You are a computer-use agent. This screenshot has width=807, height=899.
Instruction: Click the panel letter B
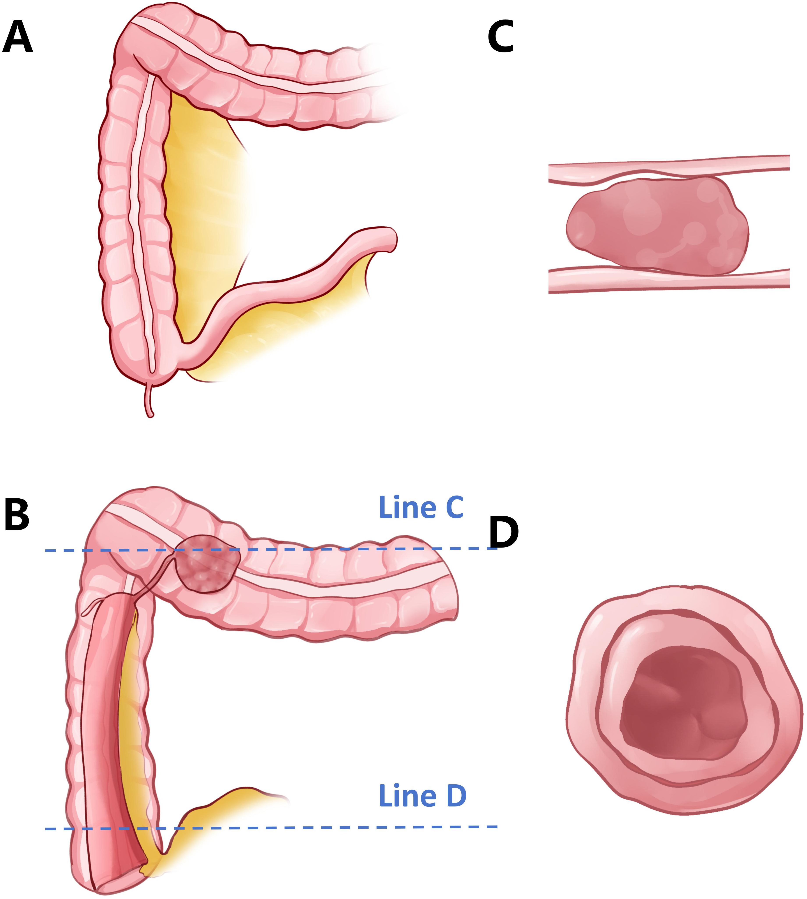17,515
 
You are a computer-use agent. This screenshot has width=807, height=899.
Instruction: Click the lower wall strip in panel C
665,279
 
